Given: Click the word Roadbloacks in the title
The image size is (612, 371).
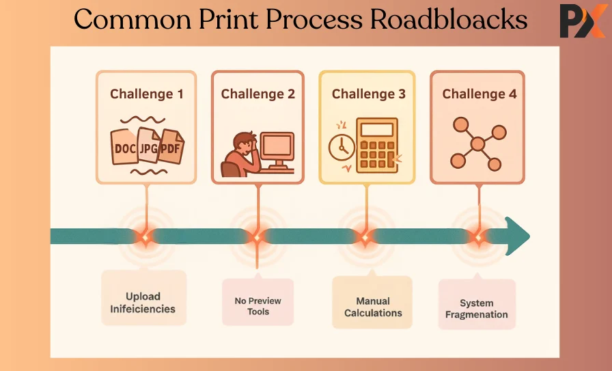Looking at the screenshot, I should click(449, 20).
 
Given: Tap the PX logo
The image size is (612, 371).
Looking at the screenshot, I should click(582, 21).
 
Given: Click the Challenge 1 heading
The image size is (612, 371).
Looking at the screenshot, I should click(147, 94).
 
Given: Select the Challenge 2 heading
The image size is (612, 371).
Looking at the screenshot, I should click(258, 94).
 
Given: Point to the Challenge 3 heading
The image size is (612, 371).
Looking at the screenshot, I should click(369, 94).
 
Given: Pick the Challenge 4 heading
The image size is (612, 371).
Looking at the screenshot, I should click(479, 94).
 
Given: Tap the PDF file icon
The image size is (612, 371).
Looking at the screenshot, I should click(171, 147).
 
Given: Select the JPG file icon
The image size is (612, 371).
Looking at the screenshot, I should click(148, 146).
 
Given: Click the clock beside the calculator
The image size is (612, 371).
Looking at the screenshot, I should click(342, 147).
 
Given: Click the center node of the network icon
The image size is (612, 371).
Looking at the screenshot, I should click(477, 144).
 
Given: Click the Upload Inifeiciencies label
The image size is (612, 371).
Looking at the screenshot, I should click(143, 303).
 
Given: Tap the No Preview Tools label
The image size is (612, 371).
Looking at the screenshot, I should click(258, 306).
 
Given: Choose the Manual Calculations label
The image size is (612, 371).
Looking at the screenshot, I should click(373, 307).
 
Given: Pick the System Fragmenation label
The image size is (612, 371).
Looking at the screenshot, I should click(477, 309).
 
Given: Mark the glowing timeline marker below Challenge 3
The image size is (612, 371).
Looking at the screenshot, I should click(365, 237).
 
